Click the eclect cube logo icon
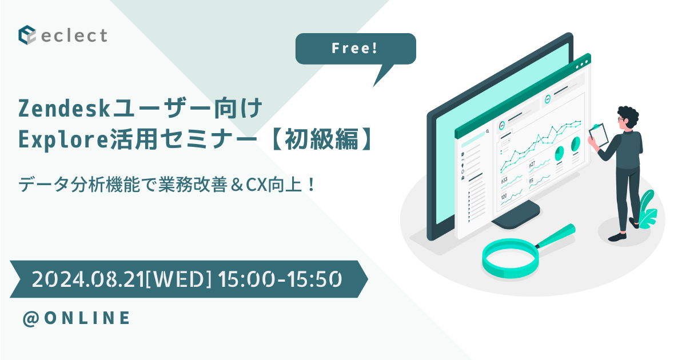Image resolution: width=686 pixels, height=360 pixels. tap(27, 35)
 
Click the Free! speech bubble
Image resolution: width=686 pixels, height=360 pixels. tap(355, 49)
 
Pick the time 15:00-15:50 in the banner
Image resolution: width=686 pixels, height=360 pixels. tap(280, 279)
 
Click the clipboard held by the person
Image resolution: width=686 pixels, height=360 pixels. tap(598, 136)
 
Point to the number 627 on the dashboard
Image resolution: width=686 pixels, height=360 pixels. tap(532, 165)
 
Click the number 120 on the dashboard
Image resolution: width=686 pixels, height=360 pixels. tap(504, 196)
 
